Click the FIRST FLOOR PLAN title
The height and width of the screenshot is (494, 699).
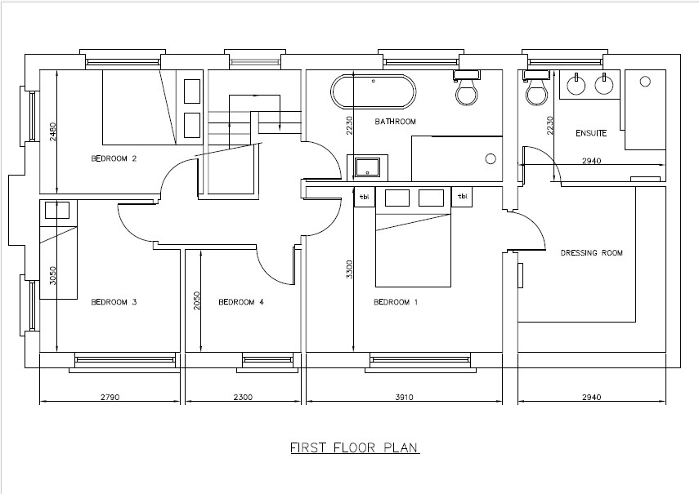tap(355, 447)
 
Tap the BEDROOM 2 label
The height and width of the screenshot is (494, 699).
tap(114, 158)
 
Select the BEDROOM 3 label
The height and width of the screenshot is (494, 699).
tap(114, 302)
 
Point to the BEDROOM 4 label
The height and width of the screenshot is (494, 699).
tap(241, 302)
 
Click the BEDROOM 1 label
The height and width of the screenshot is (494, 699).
tap(396, 302)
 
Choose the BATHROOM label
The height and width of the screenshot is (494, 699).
tap(396, 122)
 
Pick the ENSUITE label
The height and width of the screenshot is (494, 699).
tap(591, 133)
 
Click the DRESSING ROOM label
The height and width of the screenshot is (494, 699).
tap(592, 253)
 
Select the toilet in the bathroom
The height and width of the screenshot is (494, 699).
tap(466, 87)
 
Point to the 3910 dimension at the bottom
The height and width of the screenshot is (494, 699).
tap(405, 397)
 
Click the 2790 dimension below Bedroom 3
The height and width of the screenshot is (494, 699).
tap(110, 397)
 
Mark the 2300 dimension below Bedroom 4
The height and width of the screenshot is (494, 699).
tap(243, 397)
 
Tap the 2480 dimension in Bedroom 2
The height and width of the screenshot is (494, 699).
tap(53, 132)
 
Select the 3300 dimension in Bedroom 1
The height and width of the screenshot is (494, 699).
tap(349, 269)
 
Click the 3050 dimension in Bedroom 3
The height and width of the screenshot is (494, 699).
tap(53, 275)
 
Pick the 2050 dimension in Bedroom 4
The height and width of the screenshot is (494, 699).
tap(197, 300)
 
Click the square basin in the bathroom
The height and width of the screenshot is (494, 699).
tap(367, 167)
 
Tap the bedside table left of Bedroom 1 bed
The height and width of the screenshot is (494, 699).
tap(365, 197)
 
